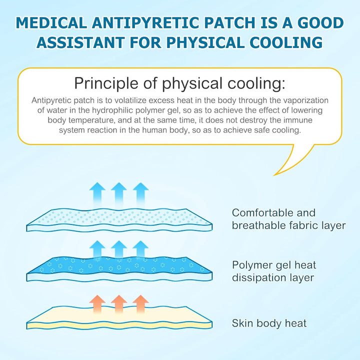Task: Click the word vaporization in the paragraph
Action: tap(309, 99)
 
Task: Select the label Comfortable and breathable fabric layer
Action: tap(288, 219)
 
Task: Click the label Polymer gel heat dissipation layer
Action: tap(274, 271)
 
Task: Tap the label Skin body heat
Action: tap(269, 323)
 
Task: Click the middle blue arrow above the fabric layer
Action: tap(119, 192)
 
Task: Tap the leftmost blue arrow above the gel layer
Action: tap(97, 249)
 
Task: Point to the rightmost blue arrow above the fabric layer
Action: tap(141, 192)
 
